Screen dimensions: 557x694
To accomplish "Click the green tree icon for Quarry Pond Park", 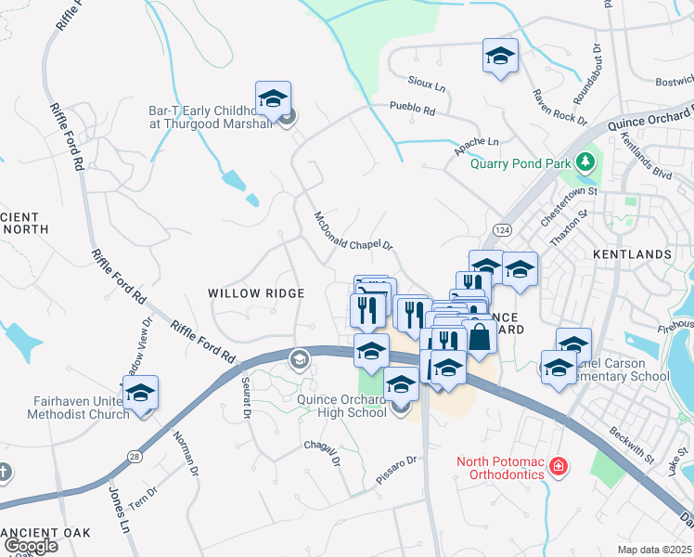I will [585, 163].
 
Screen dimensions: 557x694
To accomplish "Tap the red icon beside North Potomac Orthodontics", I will [558, 465].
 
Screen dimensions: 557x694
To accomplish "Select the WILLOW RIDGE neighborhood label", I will [256, 293].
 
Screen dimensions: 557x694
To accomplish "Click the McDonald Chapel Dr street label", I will [354, 232].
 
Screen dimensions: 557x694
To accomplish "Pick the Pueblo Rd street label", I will [413, 109].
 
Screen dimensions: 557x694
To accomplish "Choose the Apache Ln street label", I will [477, 144].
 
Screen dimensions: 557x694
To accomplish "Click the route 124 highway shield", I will [502, 229].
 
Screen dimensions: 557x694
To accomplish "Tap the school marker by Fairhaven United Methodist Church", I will [140, 393].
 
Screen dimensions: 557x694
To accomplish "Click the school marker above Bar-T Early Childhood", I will [274, 98].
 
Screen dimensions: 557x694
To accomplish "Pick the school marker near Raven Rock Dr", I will [500, 56].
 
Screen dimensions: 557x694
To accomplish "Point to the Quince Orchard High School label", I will [342, 407].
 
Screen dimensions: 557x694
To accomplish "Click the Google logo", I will [31, 546].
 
